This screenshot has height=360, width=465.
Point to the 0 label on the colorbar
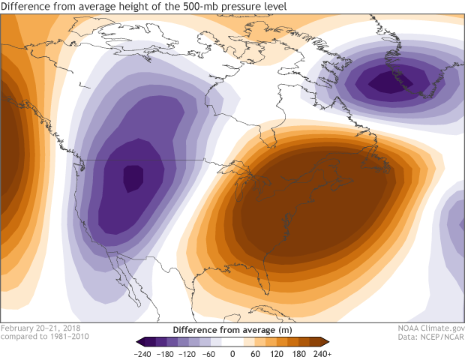pos(232,353)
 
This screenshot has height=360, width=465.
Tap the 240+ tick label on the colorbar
pos(322,353)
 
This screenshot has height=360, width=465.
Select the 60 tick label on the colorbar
pos(255,353)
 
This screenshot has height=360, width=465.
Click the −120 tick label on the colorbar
pos(187,353)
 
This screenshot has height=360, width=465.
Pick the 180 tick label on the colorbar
pos(299,353)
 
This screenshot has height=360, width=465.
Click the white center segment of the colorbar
pos(232,342)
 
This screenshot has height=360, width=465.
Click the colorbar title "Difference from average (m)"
pos(232,330)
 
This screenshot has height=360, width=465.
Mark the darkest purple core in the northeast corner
pos(387,81)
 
